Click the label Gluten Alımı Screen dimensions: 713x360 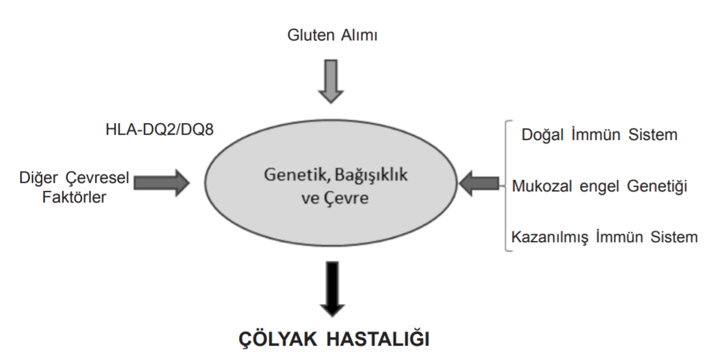(332, 35)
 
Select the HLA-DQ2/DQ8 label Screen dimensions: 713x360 (159, 130)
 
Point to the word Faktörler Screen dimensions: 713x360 (74, 197)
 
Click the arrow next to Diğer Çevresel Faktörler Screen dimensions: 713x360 (161, 183)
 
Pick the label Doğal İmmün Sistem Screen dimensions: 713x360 (599, 135)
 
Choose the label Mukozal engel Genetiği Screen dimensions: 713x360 (599, 186)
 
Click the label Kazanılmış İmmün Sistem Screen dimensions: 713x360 (604, 237)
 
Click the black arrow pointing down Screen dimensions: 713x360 (333, 288)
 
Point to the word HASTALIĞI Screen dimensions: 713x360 (378, 340)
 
